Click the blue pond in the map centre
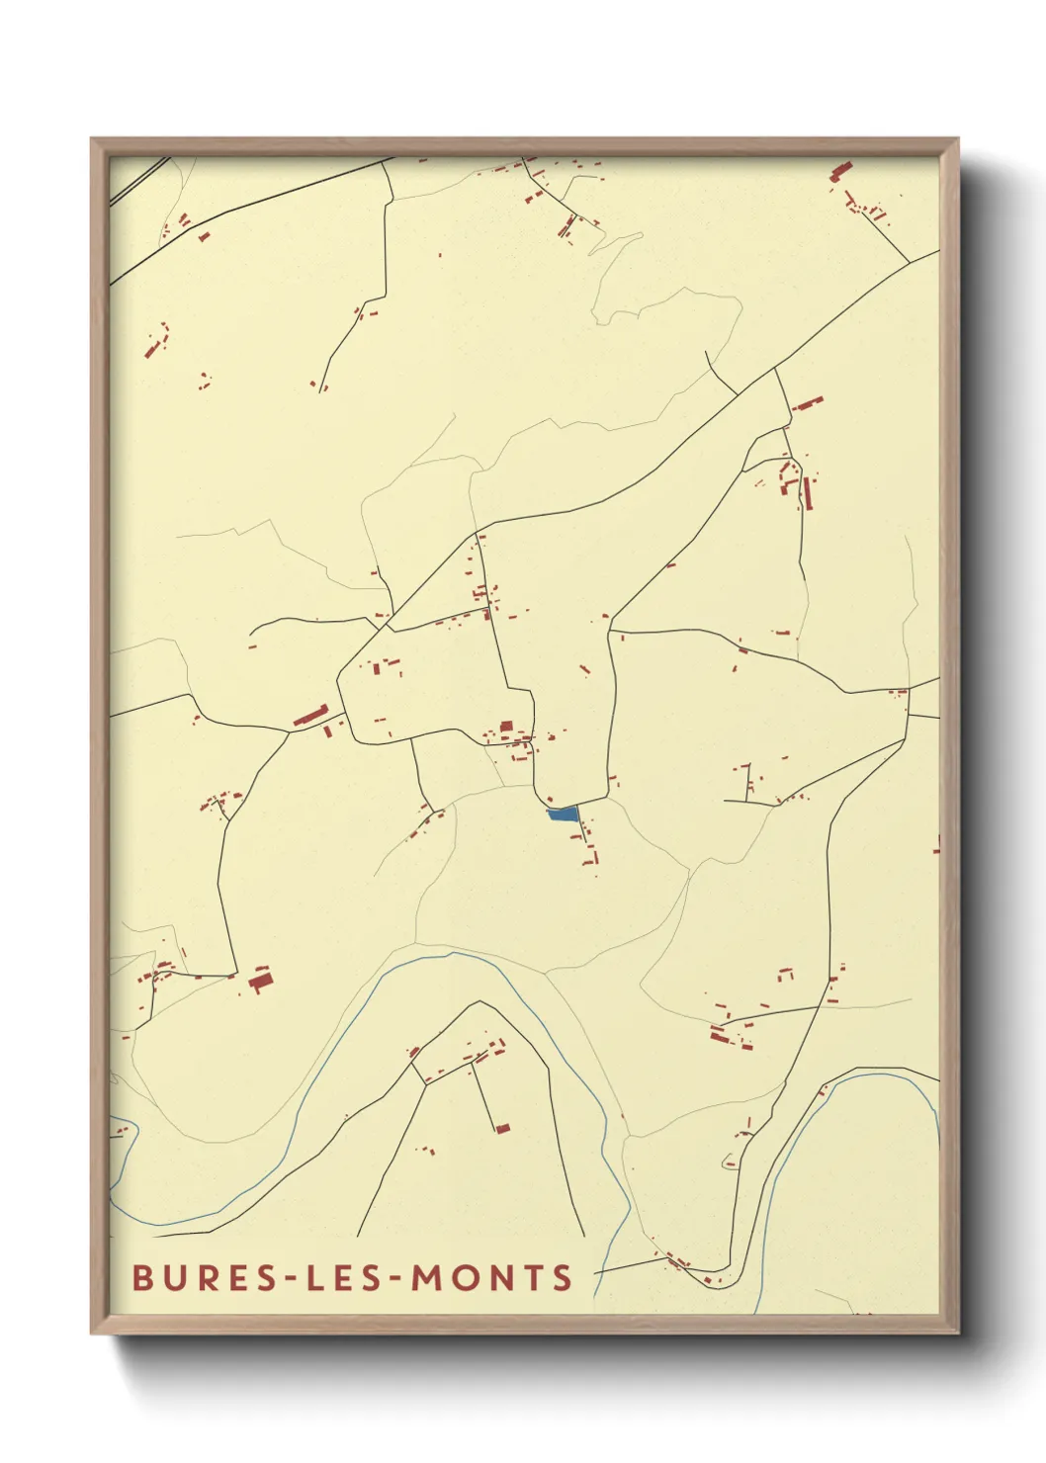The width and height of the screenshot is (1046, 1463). [x=562, y=814]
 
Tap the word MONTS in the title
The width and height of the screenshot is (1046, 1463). [x=491, y=1277]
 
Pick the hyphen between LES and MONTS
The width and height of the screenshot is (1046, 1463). [x=396, y=1279]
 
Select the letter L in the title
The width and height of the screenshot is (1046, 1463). [x=318, y=1277]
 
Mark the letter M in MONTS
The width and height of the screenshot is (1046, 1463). [x=426, y=1277]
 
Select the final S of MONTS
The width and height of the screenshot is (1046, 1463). [x=563, y=1277]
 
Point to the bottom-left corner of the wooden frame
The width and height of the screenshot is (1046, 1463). [x=93, y=1332]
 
